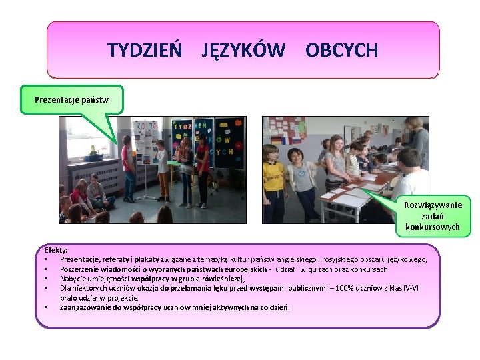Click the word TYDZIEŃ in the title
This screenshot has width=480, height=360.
(145, 50)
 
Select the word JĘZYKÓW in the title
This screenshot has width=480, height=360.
(243, 50)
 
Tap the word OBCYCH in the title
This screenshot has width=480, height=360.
(341, 50)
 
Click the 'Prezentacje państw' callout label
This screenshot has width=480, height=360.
(71, 100)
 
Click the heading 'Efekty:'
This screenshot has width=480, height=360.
(57, 250)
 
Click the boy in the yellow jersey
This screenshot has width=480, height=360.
(273, 183)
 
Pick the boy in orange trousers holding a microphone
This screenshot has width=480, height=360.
(163, 170)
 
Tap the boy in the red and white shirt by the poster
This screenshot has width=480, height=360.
(128, 167)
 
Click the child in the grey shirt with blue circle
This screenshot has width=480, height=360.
(303, 183)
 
